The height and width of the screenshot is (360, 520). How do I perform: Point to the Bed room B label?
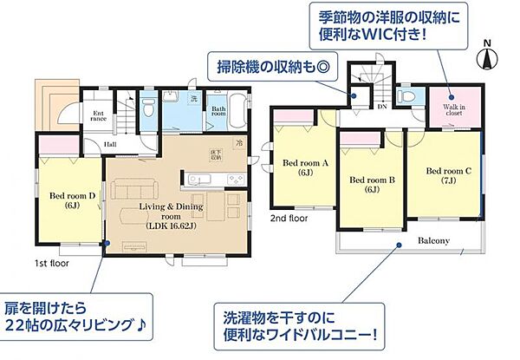372,184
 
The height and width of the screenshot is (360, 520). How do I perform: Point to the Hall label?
112,145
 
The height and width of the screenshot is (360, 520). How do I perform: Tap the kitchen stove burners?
234,180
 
